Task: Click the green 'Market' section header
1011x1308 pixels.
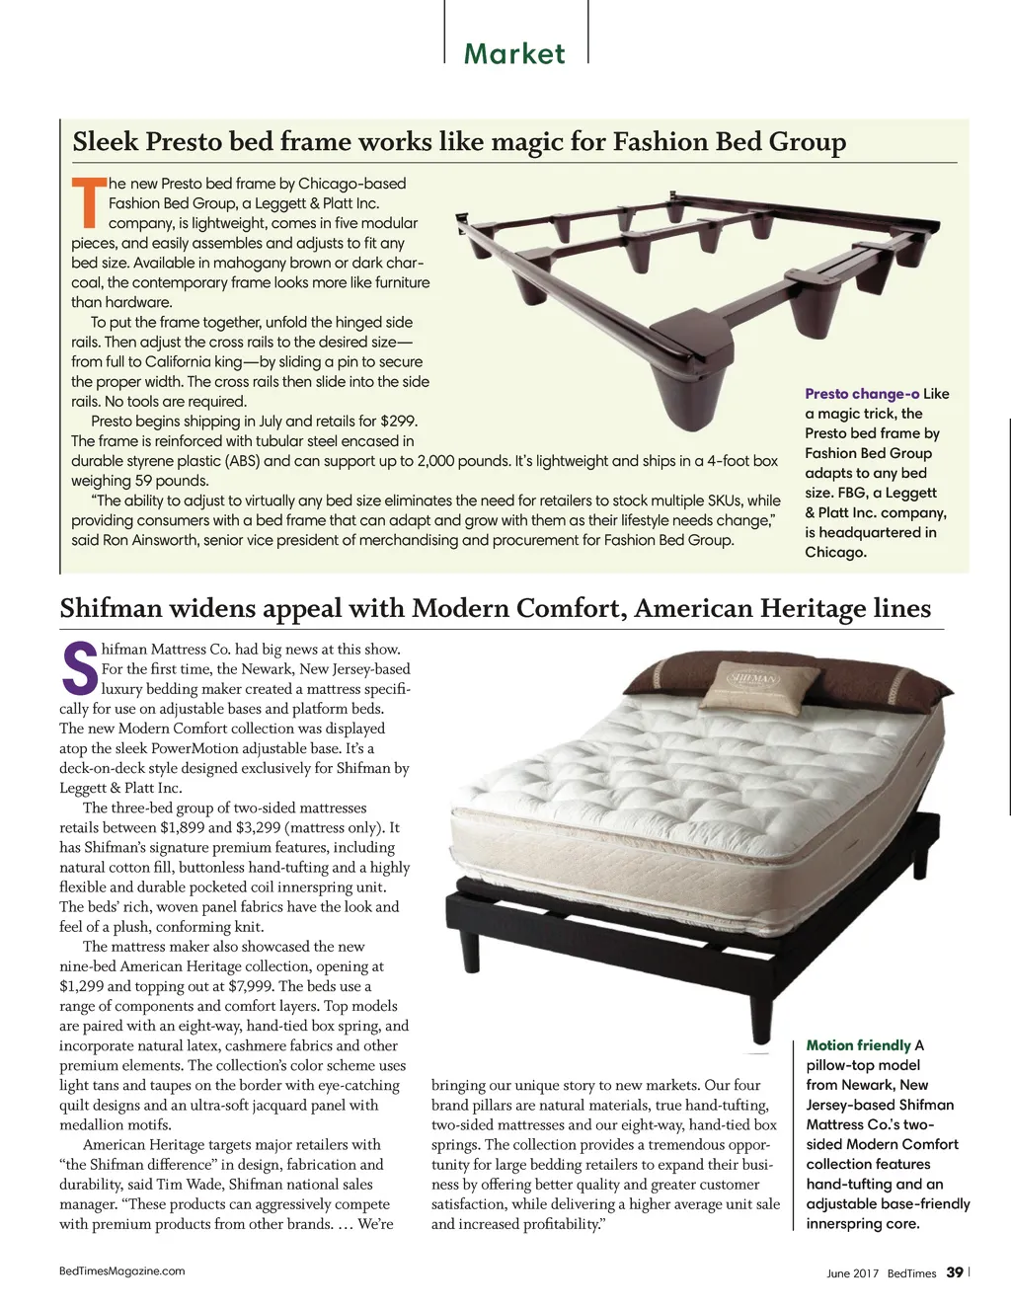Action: tap(514, 53)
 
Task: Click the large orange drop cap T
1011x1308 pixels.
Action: tap(88, 201)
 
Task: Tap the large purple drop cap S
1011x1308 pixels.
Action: tap(78, 667)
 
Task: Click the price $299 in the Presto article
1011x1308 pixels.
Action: tap(398, 422)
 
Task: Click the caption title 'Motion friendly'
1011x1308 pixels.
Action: tap(858, 1045)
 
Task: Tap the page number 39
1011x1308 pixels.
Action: tap(954, 1272)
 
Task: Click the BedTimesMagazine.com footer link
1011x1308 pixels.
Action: tap(121, 1271)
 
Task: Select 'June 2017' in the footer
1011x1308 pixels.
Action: tap(852, 1273)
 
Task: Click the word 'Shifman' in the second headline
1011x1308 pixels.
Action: tap(110, 608)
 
